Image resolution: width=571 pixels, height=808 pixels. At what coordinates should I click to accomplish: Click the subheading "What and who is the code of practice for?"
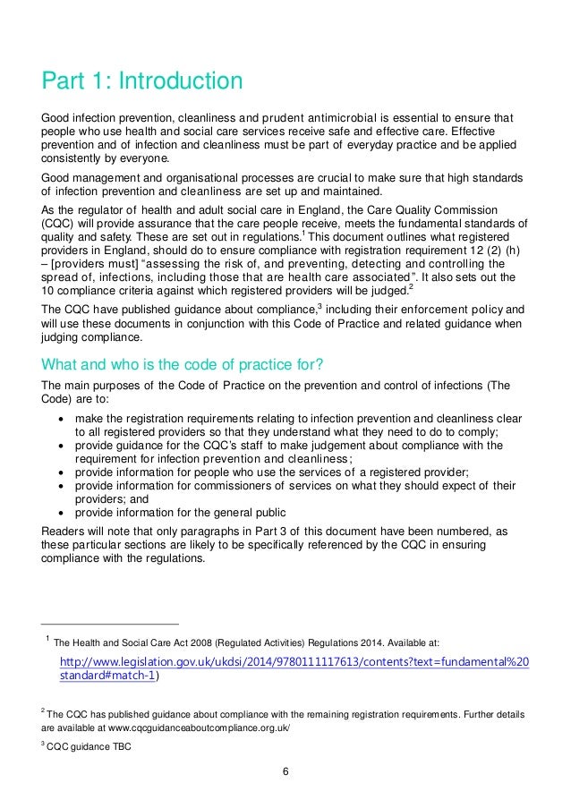tap(178, 363)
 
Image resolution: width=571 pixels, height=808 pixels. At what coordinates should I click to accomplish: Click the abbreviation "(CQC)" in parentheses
tap(61, 223)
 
